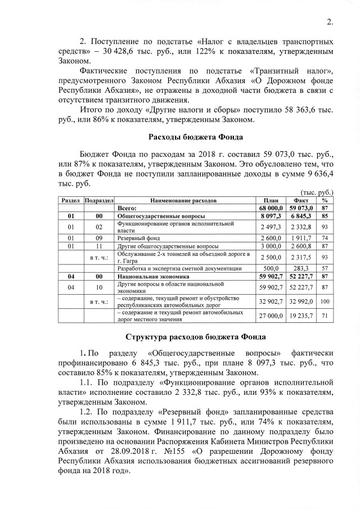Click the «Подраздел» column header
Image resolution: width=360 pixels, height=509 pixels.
100,200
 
